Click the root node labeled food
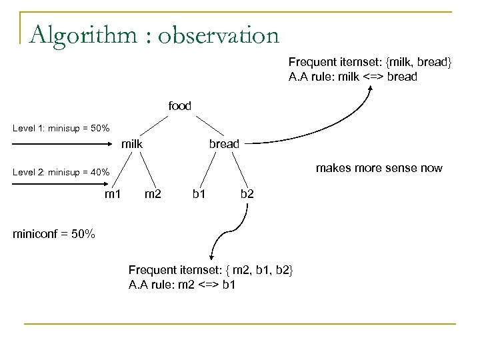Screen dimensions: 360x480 pos(179,105)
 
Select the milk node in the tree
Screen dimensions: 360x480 pos(133,143)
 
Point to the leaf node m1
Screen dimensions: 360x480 pos(113,194)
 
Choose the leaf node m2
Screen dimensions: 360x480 pos(153,194)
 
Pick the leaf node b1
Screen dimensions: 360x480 pos(198,194)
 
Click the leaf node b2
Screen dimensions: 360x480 pos(247,194)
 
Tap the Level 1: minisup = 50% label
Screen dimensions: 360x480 pos(61,128)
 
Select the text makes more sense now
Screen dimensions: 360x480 pos(387,168)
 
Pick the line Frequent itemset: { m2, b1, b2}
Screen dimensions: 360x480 pos(210,270)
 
